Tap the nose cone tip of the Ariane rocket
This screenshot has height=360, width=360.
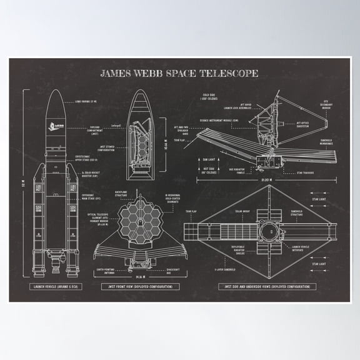(55, 91)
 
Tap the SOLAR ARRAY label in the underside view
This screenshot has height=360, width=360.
(241, 214)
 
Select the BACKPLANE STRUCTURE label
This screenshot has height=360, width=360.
(123, 195)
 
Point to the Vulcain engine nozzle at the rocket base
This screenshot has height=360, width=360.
(55, 269)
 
